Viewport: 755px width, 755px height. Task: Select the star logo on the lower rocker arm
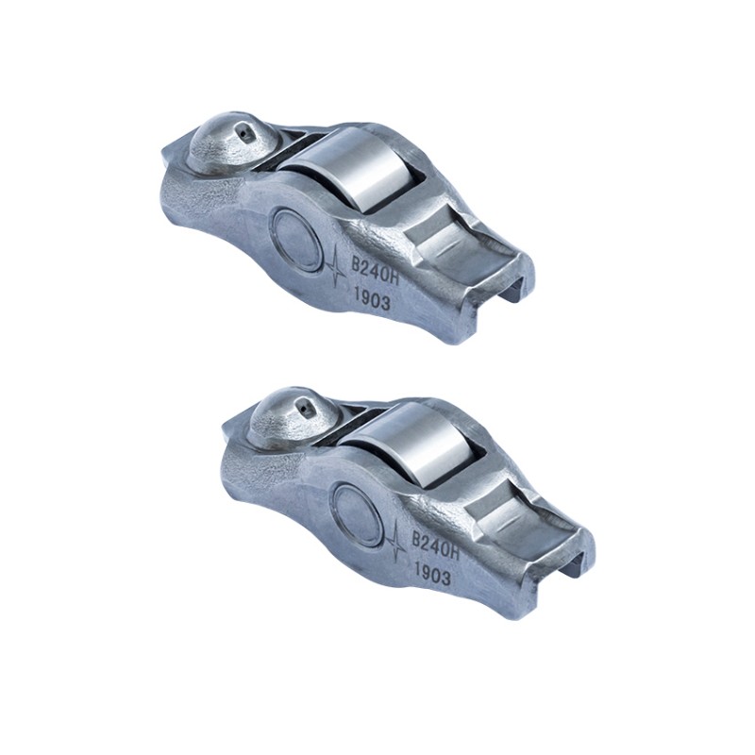tap(398, 537)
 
